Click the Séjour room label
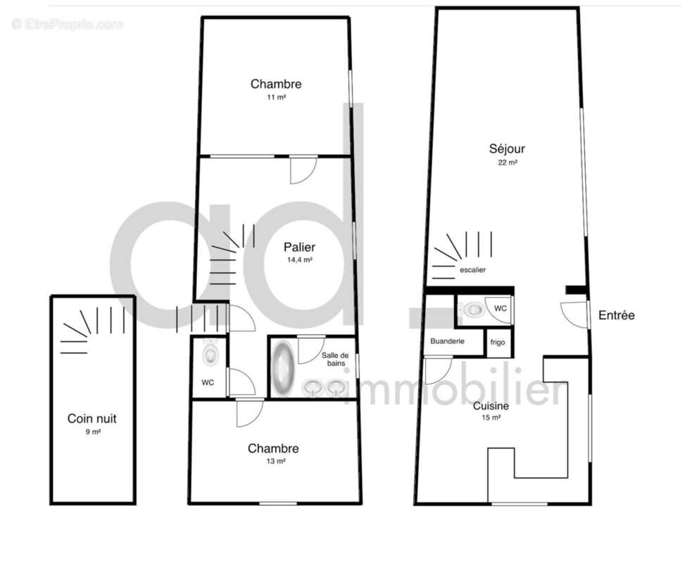507,149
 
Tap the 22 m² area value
508,163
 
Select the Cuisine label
491,406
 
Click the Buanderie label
447,341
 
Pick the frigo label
498,343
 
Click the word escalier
472,270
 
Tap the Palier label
300,248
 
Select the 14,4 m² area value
300,260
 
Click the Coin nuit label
92,418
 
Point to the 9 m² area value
93,432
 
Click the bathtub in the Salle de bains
283,367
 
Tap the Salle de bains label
335,359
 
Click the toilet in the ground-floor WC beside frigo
474,309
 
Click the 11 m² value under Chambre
276,97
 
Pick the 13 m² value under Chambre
276,461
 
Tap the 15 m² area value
491,417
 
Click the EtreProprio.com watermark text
68,24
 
